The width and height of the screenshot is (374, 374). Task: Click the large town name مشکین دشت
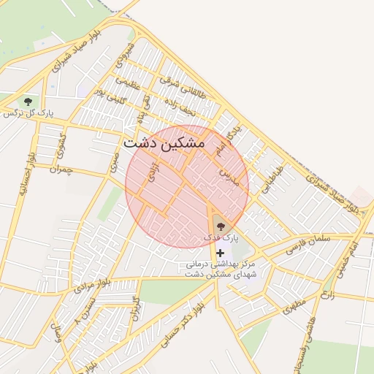pos(164,143)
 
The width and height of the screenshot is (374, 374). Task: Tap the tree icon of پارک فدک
pos(221,218)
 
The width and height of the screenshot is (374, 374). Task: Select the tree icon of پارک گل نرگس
pos(28,101)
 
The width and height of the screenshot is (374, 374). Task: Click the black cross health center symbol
pos(220,252)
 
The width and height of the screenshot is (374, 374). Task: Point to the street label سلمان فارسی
pos(310,239)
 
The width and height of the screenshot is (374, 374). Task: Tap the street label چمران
pos(62,169)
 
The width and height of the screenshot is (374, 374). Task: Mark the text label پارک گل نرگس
pos(29,113)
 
